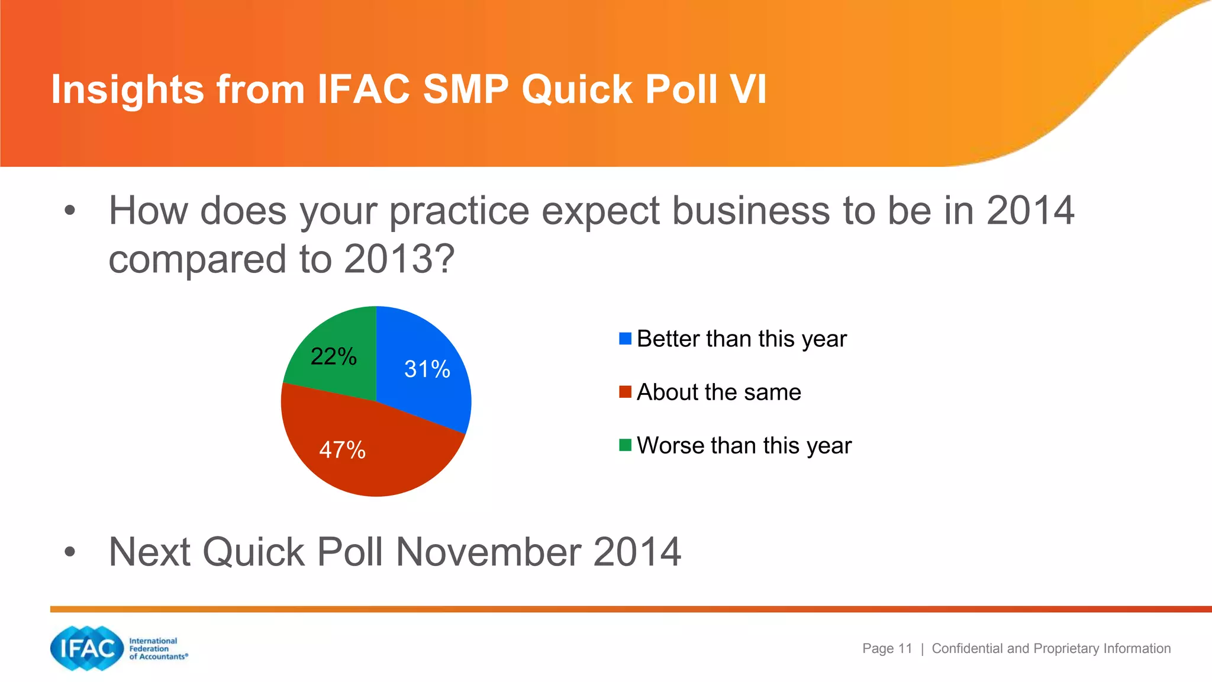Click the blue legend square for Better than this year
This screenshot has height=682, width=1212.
[625, 339]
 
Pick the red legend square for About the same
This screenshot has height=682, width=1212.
[625, 392]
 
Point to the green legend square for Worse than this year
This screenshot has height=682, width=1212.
[625, 445]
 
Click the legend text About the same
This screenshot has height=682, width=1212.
[718, 393]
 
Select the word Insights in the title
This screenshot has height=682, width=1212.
[128, 90]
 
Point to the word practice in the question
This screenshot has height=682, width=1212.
[459, 211]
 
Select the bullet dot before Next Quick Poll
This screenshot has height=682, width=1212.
[70, 552]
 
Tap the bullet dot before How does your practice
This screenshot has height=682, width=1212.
[70, 211]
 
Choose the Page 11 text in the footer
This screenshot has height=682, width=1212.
[887, 648]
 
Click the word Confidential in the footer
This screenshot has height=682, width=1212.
[968, 648]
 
